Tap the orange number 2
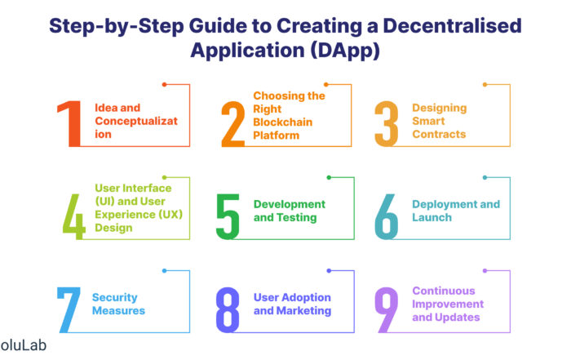pyautogui.click(x=233, y=124)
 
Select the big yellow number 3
pyautogui.click(x=387, y=124)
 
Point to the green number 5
pyautogui.click(x=228, y=217)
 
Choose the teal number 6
pyautogui.click(x=387, y=217)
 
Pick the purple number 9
pyautogui.click(x=387, y=309)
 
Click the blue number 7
pyautogui.click(x=69, y=309)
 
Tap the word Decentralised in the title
pyautogui.click(x=452, y=26)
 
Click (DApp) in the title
pyautogui.click(x=345, y=51)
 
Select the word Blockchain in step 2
pyautogui.click(x=282, y=122)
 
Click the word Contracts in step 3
pyautogui.click(x=439, y=134)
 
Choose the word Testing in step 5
pyautogui.click(x=297, y=217)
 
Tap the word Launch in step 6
pyautogui.click(x=432, y=217)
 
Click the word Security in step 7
pyautogui.click(x=115, y=298)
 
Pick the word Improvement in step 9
pyautogui.click(x=448, y=304)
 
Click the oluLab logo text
pyautogui.click(x=24, y=345)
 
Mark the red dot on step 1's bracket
pyautogui.click(x=164, y=85)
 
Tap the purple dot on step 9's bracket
pyautogui.click(x=485, y=271)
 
